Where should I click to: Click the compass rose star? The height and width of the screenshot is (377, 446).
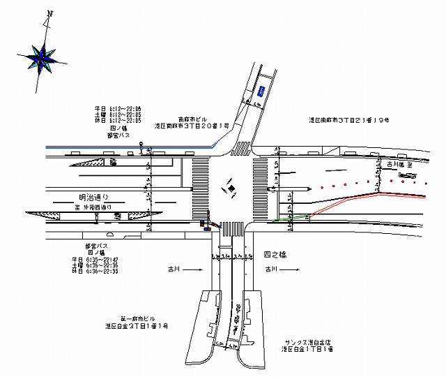click(43, 57)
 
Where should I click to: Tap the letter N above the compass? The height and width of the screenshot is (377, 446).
click(49, 13)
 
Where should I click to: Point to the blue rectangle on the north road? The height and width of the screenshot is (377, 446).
click(261, 91)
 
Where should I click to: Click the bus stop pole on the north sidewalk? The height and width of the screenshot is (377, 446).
click(141, 148)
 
